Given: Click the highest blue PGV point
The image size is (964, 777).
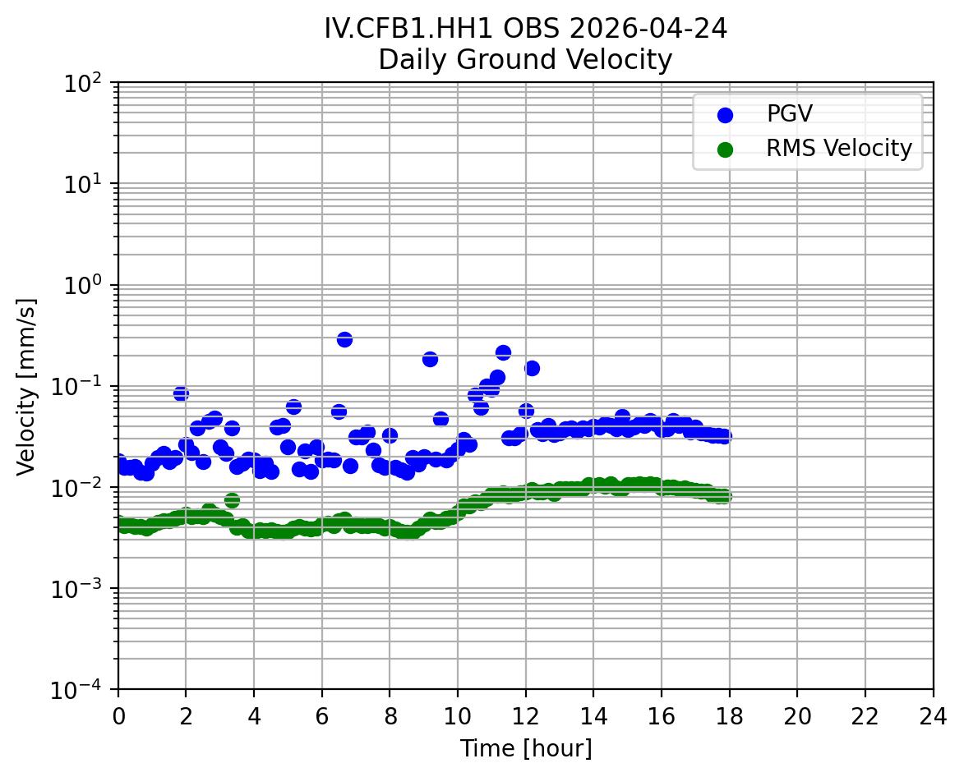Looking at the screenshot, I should point(344,339).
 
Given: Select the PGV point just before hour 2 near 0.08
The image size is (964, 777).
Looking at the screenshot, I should point(181,393).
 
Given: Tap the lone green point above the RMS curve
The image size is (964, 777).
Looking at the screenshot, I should point(232,500).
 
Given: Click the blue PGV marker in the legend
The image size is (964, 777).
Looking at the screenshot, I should point(725,115).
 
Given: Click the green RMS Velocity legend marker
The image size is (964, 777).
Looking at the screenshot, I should point(725,149).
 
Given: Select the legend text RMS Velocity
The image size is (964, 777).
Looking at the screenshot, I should point(839,149).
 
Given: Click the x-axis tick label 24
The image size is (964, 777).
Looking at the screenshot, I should point(933,716).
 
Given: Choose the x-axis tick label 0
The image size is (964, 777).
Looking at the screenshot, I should point(118,716).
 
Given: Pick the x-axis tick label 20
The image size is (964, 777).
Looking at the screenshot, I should point(797,716).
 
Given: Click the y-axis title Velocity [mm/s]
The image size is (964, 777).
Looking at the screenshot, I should point(26,386).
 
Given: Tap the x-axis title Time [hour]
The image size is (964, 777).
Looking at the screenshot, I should point(525,748).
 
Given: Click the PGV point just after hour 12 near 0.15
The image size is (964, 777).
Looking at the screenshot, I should point(532,368).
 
